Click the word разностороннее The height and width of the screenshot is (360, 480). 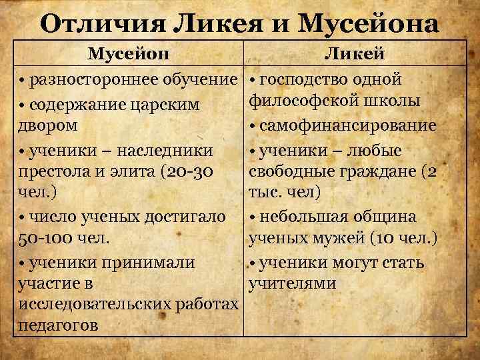96,80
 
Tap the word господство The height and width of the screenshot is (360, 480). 303,80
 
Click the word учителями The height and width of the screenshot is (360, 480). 292,284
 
